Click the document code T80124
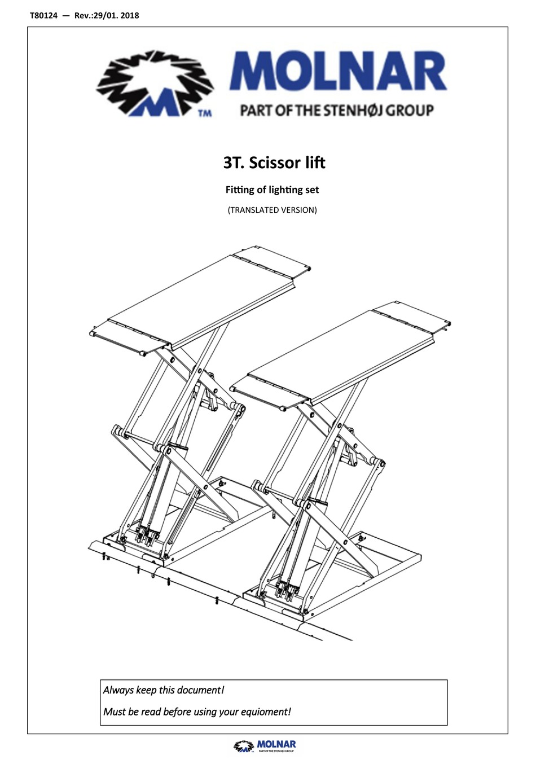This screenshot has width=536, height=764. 43,15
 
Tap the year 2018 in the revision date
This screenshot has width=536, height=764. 129,15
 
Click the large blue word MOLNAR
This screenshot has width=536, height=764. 337,73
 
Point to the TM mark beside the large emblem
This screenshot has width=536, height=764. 205,113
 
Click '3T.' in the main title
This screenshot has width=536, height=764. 233,163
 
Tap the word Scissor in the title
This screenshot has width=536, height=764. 273,163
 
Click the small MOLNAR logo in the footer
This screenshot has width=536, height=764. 265,746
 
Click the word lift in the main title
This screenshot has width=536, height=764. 314,163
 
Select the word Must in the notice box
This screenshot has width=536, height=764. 115,712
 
